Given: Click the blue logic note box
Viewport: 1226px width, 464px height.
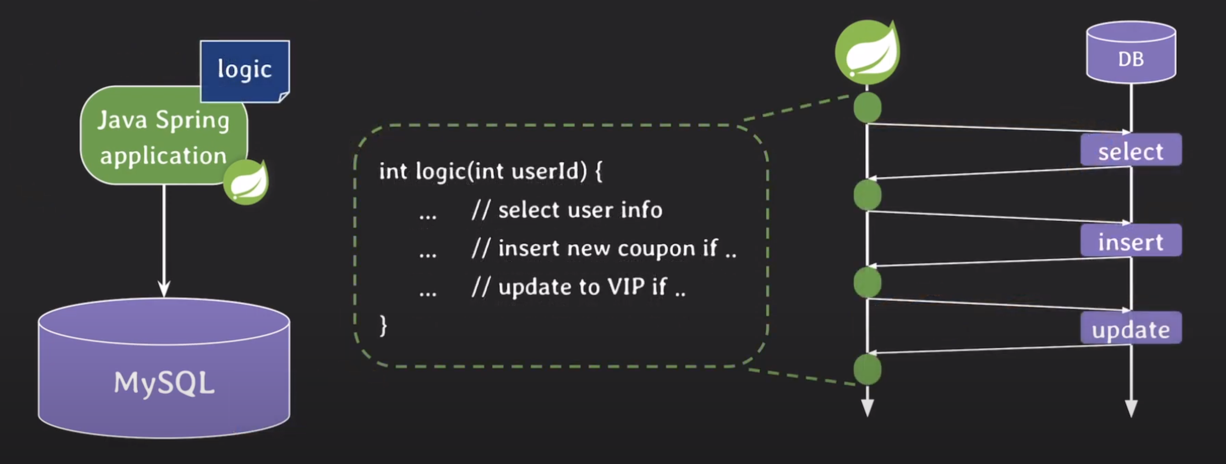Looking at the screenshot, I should coord(245,70).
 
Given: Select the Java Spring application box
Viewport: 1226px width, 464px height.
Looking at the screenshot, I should coord(163,137).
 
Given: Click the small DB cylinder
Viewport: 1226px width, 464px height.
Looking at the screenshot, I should coord(1131,53).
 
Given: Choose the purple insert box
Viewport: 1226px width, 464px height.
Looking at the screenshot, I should coord(1131,242).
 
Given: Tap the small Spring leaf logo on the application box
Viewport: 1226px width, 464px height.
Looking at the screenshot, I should coord(246,183).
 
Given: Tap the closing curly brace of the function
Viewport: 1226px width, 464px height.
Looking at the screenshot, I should coord(383,326).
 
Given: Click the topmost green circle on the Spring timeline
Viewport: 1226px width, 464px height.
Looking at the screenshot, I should coord(867,107).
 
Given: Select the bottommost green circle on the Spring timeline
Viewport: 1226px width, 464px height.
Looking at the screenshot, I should coord(867,369).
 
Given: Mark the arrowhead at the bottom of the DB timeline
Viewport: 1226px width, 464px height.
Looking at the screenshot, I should coord(1131,408).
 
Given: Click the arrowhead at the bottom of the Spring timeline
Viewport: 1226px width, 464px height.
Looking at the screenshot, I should coord(867,408).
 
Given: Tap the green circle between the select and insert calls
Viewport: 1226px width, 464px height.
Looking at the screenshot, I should coord(867,195).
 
